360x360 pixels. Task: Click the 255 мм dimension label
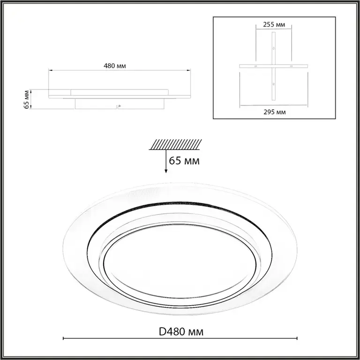(x=274, y=24)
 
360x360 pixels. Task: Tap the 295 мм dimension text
(x=275, y=112)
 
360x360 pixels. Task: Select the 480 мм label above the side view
(x=115, y=66)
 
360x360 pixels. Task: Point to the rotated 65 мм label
(x=27, y=100)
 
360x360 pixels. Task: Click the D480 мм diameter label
(x=181, y=332)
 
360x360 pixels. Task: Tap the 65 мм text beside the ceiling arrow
(x=184, y=161)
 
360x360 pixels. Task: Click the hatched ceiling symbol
(x=175, y=144)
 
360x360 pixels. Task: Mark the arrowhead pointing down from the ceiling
(x=166, y=171)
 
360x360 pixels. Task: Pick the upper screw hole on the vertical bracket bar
(x=273, y=48)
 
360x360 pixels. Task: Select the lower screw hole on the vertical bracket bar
(x=273, y=84)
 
